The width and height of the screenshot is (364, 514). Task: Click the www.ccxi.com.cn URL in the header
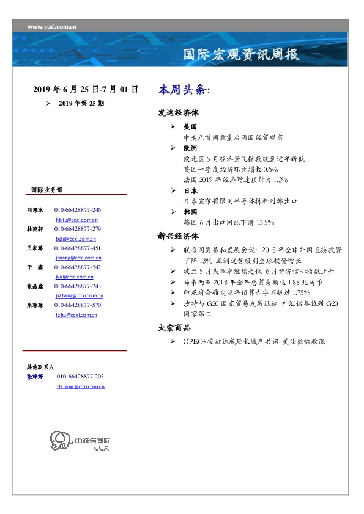point(52,27)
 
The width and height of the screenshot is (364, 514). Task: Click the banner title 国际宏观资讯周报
point(242,55)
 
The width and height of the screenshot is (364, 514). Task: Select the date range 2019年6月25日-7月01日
point(86,90)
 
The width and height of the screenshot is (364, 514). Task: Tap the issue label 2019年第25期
point(81,104)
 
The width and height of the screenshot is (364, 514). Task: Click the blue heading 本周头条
point(184,90)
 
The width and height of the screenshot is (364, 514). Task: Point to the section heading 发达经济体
point(179,113)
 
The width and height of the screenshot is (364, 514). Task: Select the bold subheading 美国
point(190,126)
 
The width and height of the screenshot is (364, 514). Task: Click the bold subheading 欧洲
point(190,148)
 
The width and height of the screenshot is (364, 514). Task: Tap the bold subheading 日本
point(190,190)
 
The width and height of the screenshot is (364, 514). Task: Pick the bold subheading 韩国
point(190,211)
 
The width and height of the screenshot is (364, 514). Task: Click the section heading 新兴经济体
point(179,236)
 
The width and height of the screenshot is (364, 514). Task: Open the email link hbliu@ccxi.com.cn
point(76,219)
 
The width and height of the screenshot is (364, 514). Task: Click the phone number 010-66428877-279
point(78,229)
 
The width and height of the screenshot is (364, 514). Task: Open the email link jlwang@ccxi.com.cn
point(78,258)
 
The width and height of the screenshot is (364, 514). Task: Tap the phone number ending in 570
point(78,305)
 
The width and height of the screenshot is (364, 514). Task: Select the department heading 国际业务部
point(46,190)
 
